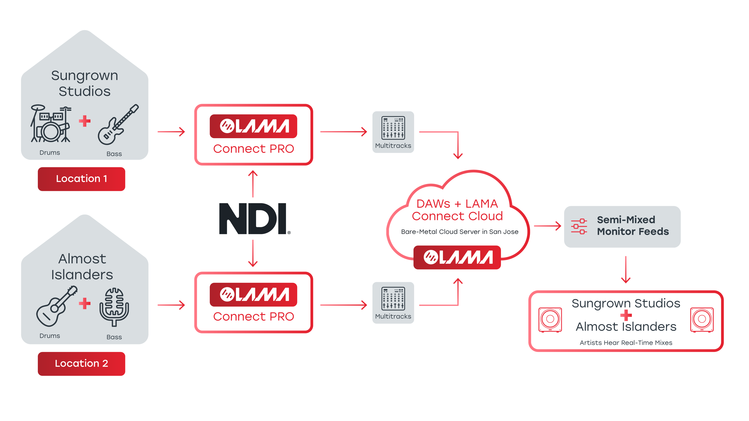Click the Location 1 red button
[81, 179]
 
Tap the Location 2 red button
[81, 363]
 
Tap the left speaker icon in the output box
[550, 319]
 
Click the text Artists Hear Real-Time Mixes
[626, 343]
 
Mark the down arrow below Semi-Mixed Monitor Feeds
[626, 270]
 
